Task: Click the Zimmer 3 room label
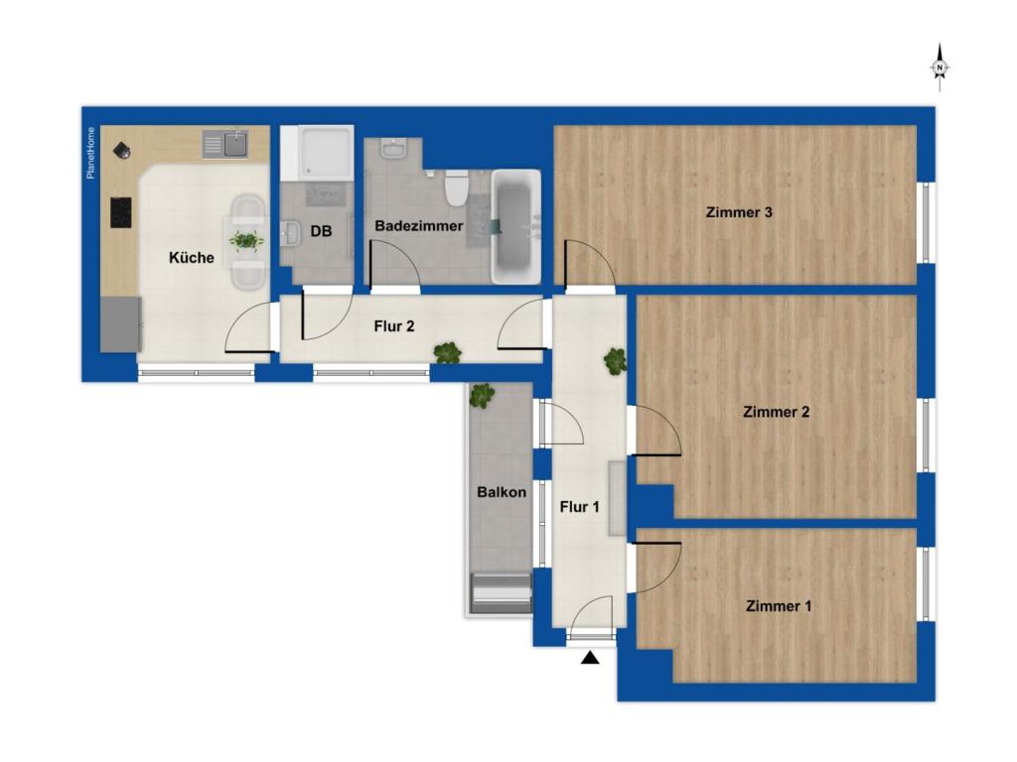739,212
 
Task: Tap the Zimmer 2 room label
776,412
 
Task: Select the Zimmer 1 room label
779,606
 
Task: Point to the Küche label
192,257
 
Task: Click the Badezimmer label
419,226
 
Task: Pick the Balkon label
502,492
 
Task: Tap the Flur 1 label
579,507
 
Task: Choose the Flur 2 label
393,325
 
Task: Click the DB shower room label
321,230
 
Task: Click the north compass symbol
940,67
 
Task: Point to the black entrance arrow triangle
590,659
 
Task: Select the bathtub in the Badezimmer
515,227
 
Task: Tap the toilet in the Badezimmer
457,188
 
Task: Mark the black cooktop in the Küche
120,212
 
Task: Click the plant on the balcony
482,395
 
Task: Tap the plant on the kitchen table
246,240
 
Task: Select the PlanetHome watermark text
90,152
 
